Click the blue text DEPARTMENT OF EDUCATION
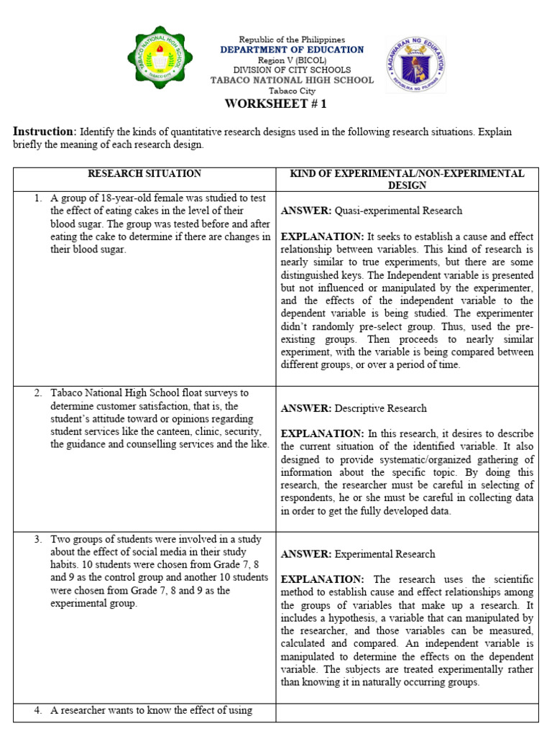coord(292,50)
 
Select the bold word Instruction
coord(43,132)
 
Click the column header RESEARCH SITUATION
coord(144,174)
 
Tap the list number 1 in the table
coord(37,198)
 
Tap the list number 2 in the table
coord(37,393)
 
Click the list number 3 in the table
coord(37,539)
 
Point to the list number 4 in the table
coord(37,711)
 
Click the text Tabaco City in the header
coord(292,91)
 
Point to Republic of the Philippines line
coord(292,40)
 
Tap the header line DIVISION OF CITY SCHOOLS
coord(292,70)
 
